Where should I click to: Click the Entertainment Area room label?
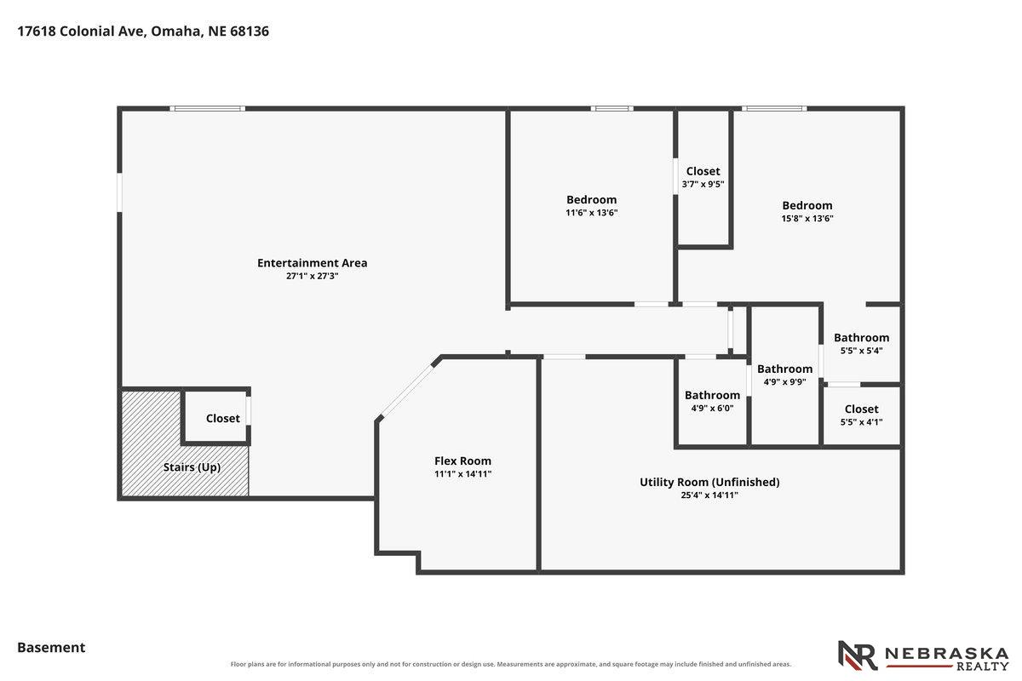point(312,263)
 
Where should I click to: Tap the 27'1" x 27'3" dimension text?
point(312,276)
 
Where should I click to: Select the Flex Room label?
point(462,461)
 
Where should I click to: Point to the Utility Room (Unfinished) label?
point(709,482)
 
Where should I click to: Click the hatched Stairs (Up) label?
point(192,467)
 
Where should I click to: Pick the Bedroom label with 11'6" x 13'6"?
point(591,200)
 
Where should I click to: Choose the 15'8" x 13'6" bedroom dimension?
point(807,219)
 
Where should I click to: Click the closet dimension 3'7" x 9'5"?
point(703,184)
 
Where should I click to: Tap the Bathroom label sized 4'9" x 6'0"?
point(712,396)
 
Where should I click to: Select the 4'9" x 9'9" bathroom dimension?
point(784,381)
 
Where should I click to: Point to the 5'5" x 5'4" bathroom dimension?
point(861,351)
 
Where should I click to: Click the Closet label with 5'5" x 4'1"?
point(861,409)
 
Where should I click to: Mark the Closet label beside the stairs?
point(222,419)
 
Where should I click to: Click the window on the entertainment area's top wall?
point(208,109)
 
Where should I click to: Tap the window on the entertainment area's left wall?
point(119,192)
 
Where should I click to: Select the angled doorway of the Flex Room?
point(406,391)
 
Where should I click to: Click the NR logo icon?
point(858,655)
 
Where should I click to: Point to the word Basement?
point(51,648)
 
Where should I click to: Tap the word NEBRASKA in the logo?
point(947,654)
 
